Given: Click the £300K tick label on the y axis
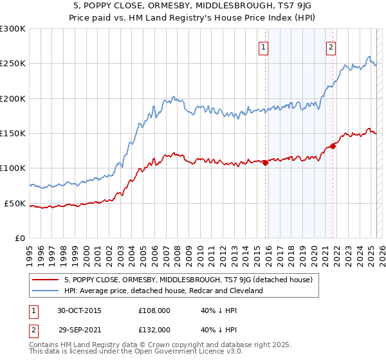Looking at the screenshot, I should tap(12, 29).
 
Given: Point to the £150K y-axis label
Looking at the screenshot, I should tap(12, 134).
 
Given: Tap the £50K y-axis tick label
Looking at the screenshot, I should tap(15, 203).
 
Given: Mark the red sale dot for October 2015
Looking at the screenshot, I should tap(265, 163).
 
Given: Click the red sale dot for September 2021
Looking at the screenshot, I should tap(333, 146).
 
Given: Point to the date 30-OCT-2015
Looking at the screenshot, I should tap(80, 310).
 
